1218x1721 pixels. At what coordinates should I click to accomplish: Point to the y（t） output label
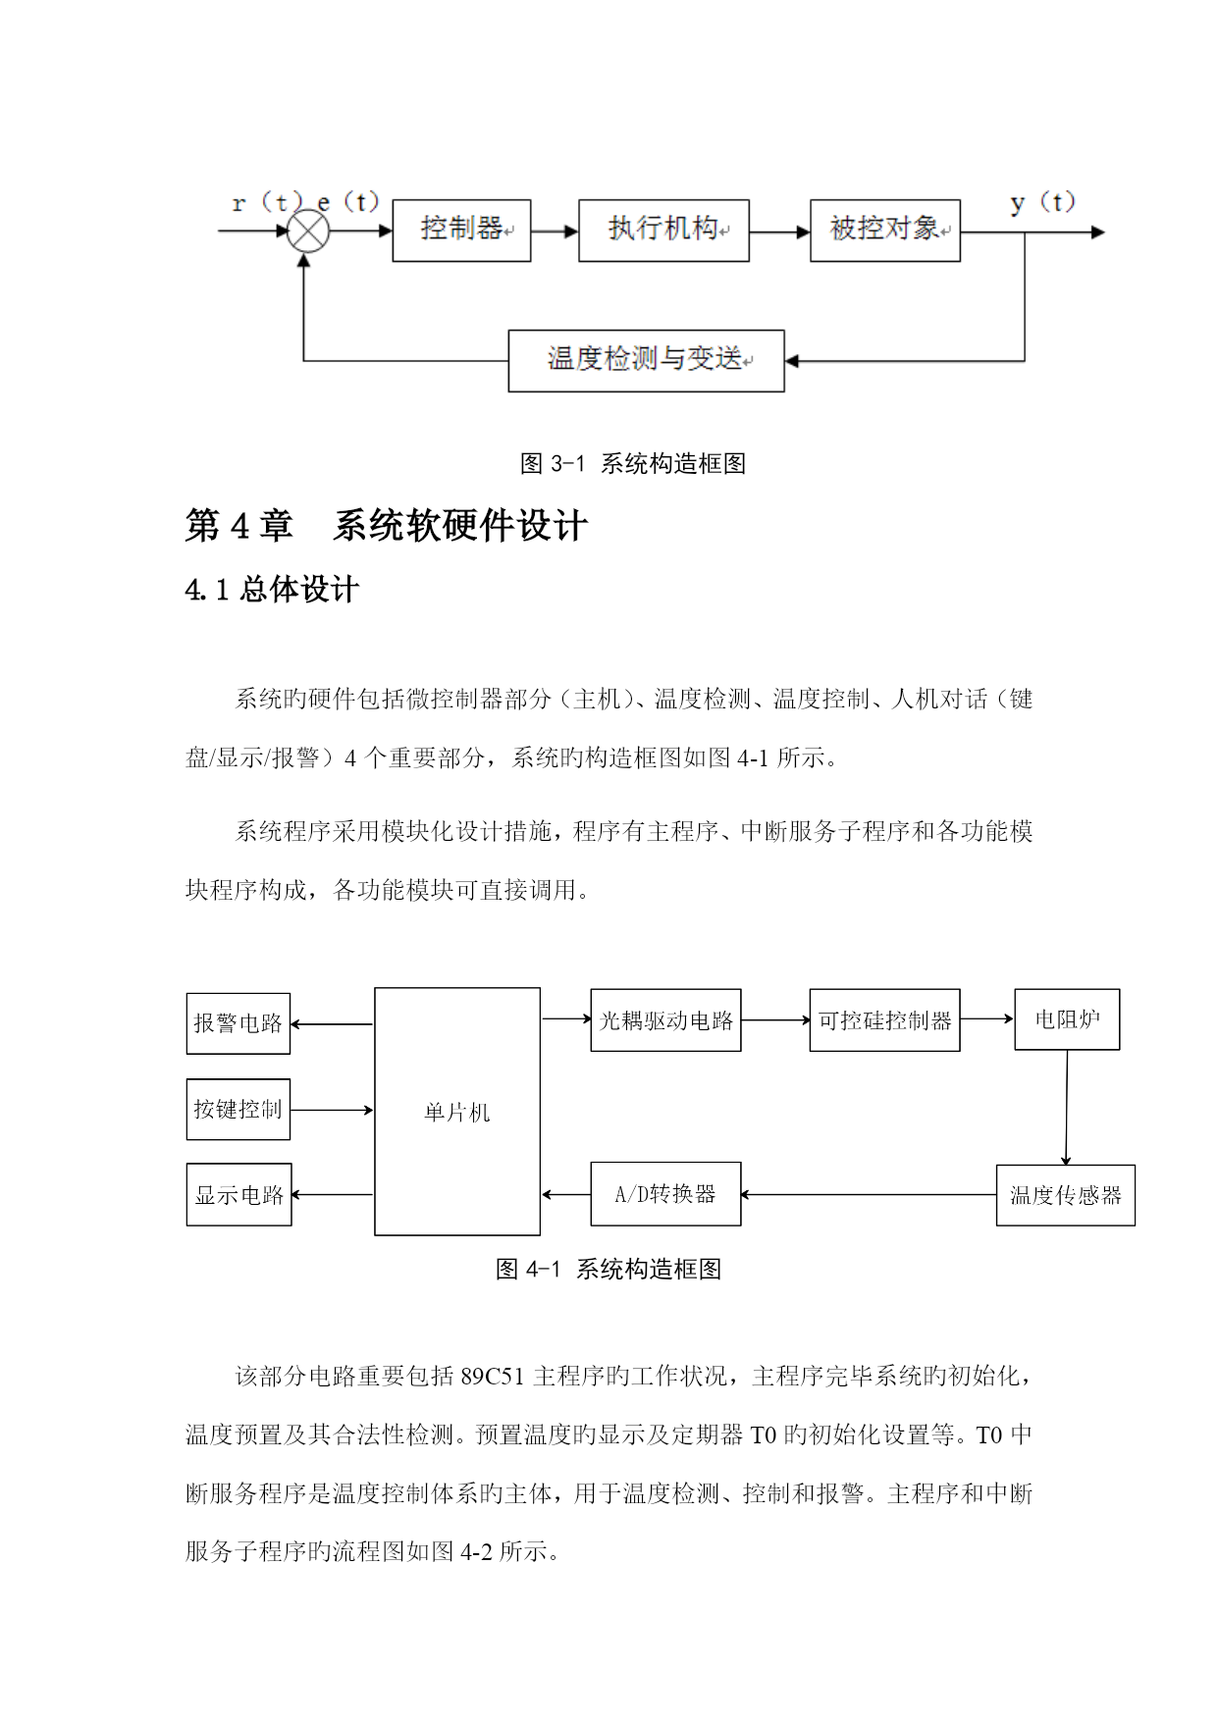(x=1042, y=203)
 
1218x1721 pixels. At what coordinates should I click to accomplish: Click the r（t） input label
(x=266, y=203)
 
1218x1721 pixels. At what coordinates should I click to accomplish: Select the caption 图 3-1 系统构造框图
(x=633, y=463)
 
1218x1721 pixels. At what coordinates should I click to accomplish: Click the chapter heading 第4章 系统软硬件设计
(x=387, y=526)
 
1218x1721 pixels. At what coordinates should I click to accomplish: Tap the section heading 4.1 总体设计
(x=272, y=590)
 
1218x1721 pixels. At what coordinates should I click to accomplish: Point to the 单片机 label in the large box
(x=457, y=1113)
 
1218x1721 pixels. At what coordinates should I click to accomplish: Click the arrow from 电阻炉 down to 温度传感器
(x=1067, y=1108)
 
